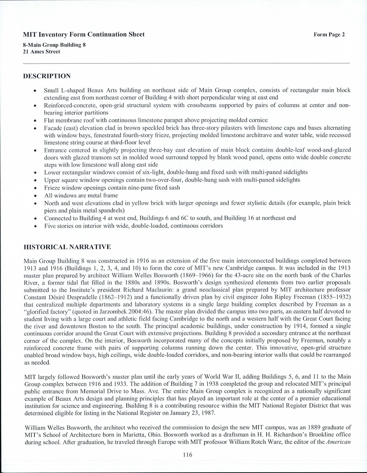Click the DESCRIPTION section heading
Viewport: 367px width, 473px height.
(x=47, y=76)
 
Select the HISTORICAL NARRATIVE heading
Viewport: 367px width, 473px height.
(x=67, y=247)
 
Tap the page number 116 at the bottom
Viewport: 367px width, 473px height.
(x=187, y=454)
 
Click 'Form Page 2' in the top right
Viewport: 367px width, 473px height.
(x=329, y=35)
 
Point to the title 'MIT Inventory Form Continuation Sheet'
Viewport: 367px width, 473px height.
(x=84, y=34)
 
